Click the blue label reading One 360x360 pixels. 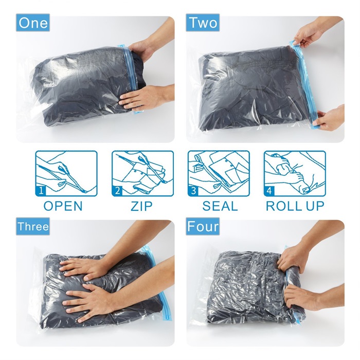coord(33,23)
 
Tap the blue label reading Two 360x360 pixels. coord(203,23)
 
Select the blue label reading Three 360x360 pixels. coord(33,226)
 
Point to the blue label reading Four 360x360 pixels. coord(203,226)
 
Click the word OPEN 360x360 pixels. coord(63,206)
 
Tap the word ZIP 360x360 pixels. coord(141,206)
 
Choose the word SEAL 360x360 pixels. coord(220,206)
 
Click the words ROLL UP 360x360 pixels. coord(295,206)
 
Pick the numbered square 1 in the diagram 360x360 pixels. coord(41,191)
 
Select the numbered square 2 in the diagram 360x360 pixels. coord(117,191)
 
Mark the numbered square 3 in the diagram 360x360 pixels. coord(193,191)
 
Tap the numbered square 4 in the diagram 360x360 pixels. coord(269,191)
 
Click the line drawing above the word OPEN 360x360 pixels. coord(66,173)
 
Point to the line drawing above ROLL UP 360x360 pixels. coord(295,173)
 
